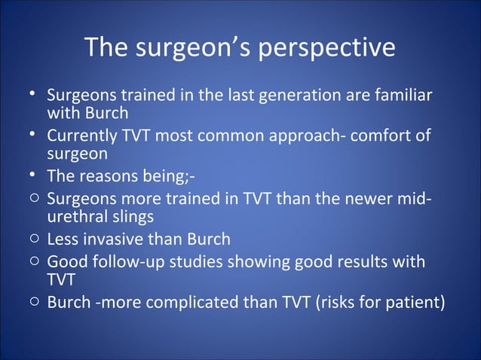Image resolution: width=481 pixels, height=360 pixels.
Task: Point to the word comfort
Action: pos(370,136)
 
